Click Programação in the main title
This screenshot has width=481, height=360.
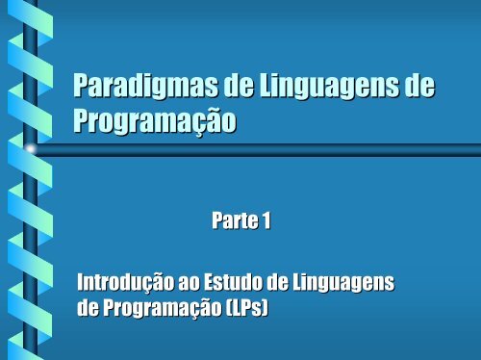click(155, 123)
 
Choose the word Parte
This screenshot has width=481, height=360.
click(233, 222)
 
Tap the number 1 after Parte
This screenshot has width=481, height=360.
click(266, 222)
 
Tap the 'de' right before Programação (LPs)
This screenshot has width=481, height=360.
click(89, 308)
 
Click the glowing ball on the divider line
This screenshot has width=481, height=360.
click(31, 149)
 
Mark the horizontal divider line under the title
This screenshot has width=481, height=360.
click(260, 149)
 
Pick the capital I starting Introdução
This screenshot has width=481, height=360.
click(83, 283)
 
